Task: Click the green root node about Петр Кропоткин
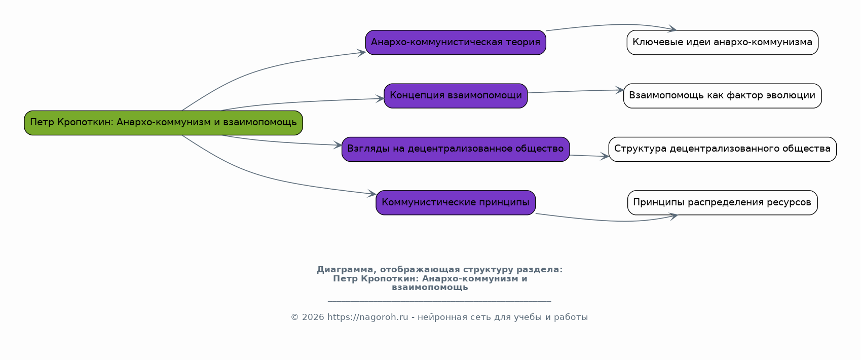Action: [x=163, y=123]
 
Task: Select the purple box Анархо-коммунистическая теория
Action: [x=456, y=42]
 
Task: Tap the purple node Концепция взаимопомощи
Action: [x=456, y=96]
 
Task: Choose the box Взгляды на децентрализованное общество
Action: [x=456, y=149]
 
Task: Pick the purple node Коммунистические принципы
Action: [x=456, y=203]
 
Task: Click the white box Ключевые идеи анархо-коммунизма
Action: [x=722, y=42]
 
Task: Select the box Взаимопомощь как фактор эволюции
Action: [x=722, y=96]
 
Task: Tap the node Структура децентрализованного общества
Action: [x=722, y=149]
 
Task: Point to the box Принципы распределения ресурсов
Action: [x=722, y=203]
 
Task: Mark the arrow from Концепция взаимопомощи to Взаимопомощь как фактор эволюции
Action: [x=575, y=91]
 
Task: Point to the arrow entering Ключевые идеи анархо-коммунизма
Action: [x=611, y=25]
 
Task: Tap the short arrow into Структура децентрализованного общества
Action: [x=589, y=156]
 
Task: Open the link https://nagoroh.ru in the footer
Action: [x=367, y=317]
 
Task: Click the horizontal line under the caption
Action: [x=439, y=301]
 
